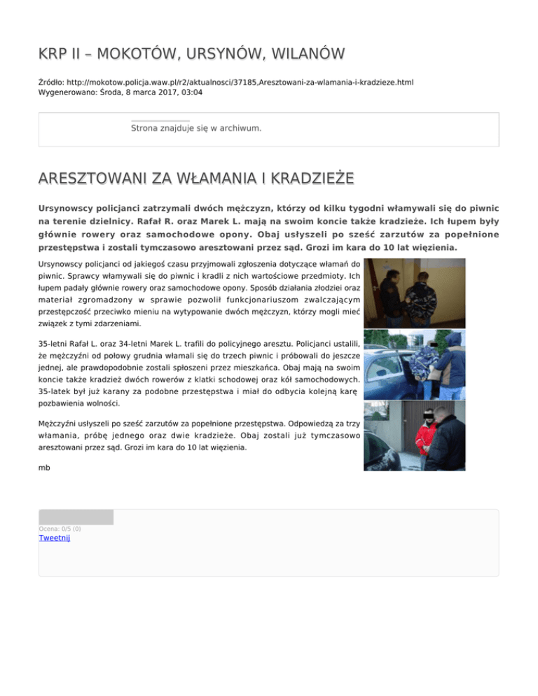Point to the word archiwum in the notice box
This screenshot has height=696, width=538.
coord(239,129)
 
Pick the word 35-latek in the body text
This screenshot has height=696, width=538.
coord(56,391)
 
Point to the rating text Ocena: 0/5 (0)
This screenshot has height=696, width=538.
coord(60,529)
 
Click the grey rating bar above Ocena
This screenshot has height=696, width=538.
coord(76,517)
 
